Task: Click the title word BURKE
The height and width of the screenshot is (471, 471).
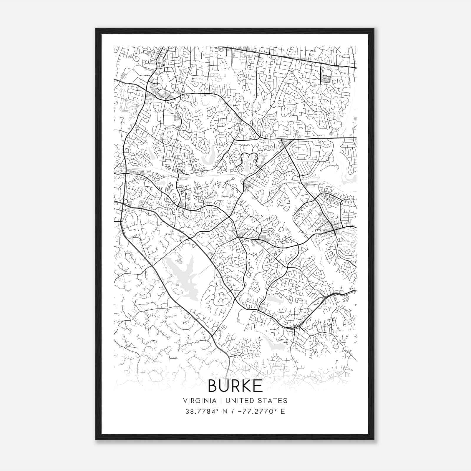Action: pos(235,386)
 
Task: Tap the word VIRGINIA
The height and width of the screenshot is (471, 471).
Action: pos(200,401)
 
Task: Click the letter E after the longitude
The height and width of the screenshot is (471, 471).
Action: pos(283,412)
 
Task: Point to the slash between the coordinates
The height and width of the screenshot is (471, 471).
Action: pos(234,412)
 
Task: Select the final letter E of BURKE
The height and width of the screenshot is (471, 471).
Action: pos(258,386)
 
